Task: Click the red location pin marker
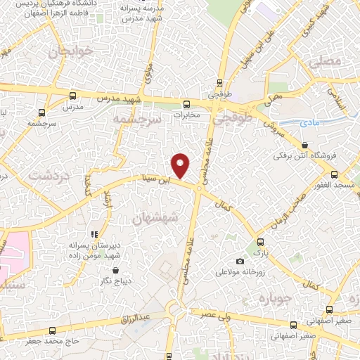[x=181, y=165]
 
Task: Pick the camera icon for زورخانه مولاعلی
[x=240, y=262]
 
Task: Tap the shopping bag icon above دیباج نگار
[x=116, y=270]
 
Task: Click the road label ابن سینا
[x=155, y=180]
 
